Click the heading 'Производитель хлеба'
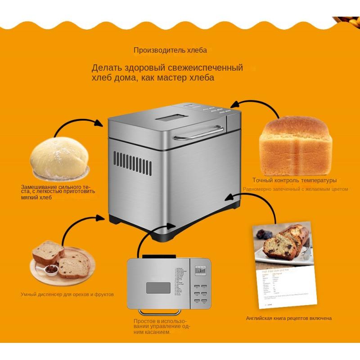click(x=170, y=50)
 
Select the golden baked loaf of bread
click(x=295, y=147)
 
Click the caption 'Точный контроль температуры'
click(x=294, y=180)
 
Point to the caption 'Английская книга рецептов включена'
click(x=288, y=318)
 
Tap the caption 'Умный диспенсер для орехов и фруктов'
click(x=67, y=294)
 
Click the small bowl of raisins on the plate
click(x=51, y=269)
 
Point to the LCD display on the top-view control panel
click(x=200, y=270)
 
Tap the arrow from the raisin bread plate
click(x=81, y=225)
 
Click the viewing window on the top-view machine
click(x=158, y=288)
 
